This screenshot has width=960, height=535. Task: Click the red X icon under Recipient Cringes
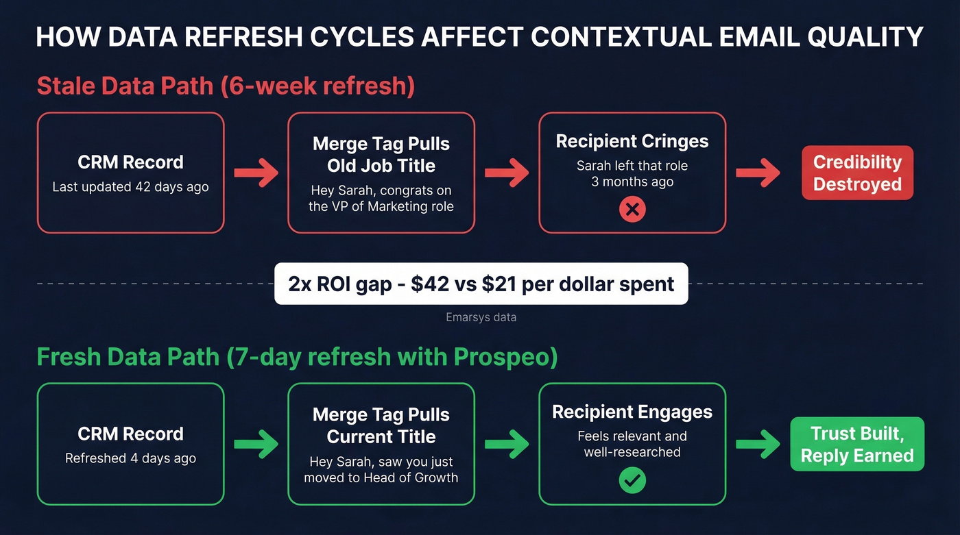pos(632,210)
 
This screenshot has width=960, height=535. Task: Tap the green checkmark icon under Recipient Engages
pos(632,481)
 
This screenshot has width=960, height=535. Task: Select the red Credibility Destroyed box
pos(857,173)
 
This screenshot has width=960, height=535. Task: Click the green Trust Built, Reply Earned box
pos(857,444)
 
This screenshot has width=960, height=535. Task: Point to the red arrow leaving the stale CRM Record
pos(256,173)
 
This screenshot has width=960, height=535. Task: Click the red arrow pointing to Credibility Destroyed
pos(758,173)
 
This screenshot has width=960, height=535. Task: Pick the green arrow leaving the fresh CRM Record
pos(256,444)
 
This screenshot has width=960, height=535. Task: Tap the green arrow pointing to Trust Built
pos(758,444)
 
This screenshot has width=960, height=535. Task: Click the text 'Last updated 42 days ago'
pos(130,187)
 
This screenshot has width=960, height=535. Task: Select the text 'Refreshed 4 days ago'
pos(130,458)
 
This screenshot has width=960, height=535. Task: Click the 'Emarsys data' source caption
pos(481,317)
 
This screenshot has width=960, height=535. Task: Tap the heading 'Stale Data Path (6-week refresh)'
pos(226,86)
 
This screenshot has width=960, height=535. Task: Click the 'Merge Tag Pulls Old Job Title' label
pos(381,154)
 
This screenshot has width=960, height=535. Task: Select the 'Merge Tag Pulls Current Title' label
pos(381,425)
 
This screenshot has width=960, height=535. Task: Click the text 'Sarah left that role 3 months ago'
pos(632,174)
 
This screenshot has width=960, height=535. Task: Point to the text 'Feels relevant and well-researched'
pos(632,444)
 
